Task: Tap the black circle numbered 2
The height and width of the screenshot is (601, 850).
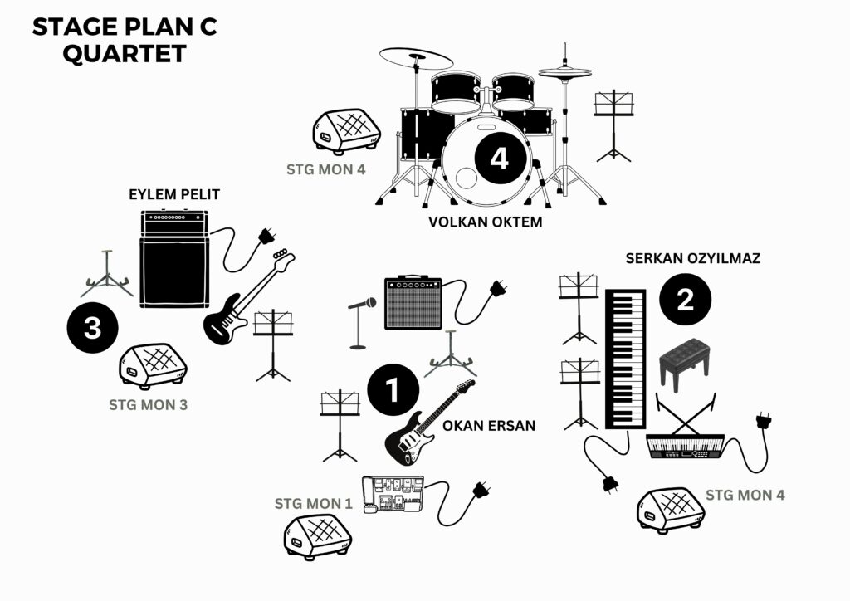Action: pyautogui.click(x=685, y=299)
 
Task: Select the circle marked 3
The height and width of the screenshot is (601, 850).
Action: pyautogui.click(x=92, y=327)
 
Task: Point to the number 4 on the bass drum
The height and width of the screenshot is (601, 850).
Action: pyautogui.click(x=499, y=157)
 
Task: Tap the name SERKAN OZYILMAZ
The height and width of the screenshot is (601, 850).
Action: pyautogui.click(x=692, y=258)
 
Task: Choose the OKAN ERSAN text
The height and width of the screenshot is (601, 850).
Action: pyautogui.click(x=489, y=426)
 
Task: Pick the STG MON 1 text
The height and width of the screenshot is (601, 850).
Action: pyautogui.click(x=314, y=503)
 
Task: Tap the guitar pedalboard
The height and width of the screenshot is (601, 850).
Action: pyautogui.click(x=393, y=501)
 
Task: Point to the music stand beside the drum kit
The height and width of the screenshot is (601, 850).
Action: pyautogui.click(x=613, y=125)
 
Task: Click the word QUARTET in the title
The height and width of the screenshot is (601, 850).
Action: pyautogui.click(x=125, y=53)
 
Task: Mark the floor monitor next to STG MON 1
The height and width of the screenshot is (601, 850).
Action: pyautogui.click(x=317, y=532)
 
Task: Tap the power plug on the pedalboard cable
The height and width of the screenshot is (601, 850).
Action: pyautogui.click(x=480, y=490)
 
